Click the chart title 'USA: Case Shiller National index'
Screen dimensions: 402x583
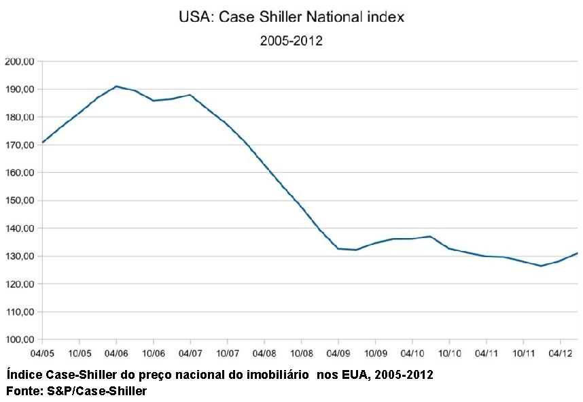coord(291,17)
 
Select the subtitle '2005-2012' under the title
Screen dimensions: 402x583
coord(291,41)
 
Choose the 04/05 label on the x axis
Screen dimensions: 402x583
coord(42,354)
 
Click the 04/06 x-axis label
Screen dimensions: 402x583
coord(116,354)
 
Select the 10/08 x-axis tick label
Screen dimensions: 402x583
coord(301,354)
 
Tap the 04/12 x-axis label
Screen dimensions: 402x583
coord(559,354)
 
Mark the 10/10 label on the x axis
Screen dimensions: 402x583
coord(448,354)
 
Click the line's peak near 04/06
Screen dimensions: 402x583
coord(116,86)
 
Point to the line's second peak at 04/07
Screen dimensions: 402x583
coord(190,95)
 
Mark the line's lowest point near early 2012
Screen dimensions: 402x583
coord(541,266)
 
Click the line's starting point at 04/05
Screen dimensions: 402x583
coord(43,142)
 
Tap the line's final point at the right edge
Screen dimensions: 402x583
coord(577,253)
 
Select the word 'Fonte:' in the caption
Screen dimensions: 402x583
coord(22,391)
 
